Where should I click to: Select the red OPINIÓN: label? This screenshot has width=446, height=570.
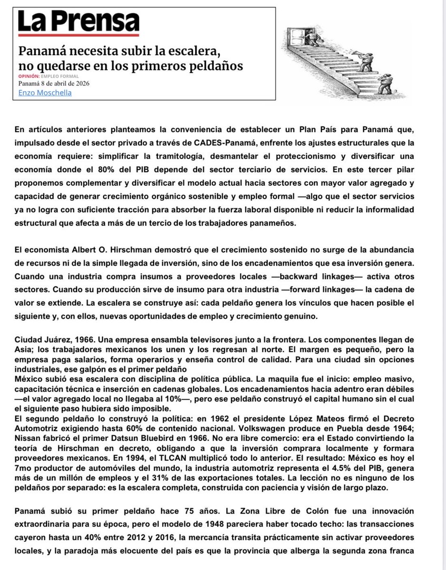[x=29, y=76]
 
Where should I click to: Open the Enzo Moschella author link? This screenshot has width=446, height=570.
[x=45, y=92]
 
